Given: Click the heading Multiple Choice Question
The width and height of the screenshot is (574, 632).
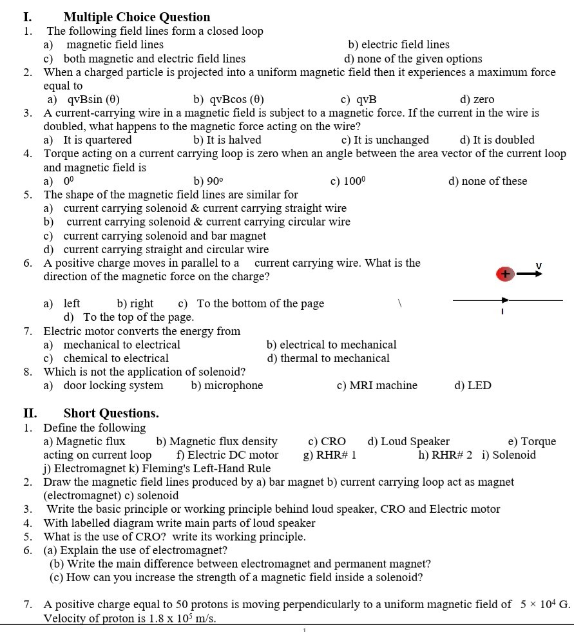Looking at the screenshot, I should pos(137,17).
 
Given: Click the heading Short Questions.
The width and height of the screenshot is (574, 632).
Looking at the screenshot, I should pos(111,413).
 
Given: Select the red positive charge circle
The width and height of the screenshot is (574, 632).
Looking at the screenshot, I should pos(504,274).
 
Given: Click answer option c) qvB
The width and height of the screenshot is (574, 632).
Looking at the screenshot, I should pos(358,99).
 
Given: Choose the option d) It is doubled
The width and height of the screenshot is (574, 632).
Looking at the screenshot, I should pos(497,140).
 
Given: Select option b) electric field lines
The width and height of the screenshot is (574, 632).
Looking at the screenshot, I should pos(398,44).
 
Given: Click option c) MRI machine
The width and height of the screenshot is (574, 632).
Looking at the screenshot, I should pos(377,385).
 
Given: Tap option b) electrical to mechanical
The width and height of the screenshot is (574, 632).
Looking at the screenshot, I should pos(331,345).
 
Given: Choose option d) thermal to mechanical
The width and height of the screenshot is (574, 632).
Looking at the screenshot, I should pos(328,358).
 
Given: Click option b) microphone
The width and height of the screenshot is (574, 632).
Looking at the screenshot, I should pos(227,385).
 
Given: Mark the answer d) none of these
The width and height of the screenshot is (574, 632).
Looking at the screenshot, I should pos(487,181).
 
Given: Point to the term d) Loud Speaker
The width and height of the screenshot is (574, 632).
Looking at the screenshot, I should pos(408,441).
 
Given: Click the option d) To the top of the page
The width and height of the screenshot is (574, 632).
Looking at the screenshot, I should pos(129,317).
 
